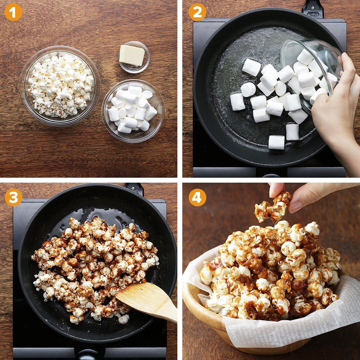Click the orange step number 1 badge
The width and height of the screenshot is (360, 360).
point(13,12)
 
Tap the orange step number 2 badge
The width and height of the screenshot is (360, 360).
point(197,12)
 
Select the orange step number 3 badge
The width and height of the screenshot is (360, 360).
point(13,197)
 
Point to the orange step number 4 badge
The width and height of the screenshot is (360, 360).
point(197,197)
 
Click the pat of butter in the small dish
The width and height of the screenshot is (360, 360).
point(132,55)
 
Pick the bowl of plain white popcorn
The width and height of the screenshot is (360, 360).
point(60,86)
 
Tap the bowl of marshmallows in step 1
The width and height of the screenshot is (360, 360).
point(133,111)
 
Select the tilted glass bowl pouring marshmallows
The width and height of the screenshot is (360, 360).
point(311,71)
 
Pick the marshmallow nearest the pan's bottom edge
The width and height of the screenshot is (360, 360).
point(276,142)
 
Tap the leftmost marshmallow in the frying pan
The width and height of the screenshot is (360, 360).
point(238,102)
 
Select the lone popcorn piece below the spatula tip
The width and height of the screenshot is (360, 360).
point(124,319)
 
